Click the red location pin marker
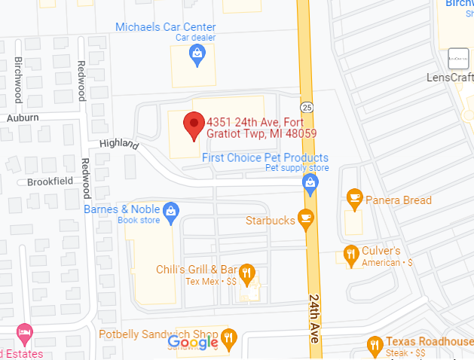coord(194,126)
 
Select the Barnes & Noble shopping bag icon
coord(171,212)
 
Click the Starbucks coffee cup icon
coord(305,218)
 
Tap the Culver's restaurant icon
coord(350,254)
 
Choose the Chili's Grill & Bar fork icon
coord(245,272)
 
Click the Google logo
coord(194,343)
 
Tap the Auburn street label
coord(23,117)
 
